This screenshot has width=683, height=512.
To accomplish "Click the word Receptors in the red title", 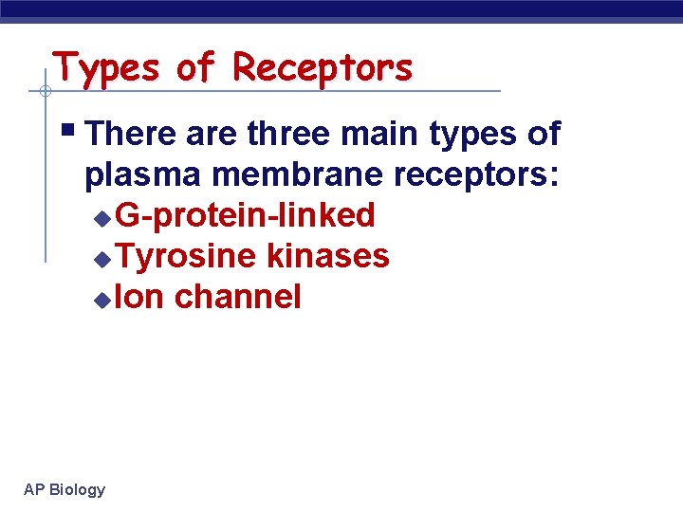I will (323, 68).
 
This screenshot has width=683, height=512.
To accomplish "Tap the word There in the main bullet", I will (131, 135).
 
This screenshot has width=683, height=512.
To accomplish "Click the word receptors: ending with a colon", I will (486, 175).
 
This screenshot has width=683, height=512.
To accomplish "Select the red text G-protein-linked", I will (246, 216).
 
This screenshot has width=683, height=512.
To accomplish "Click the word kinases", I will (328, 256).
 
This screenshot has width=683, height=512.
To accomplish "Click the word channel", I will (238, 297).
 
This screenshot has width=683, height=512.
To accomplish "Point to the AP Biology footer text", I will (65, 489).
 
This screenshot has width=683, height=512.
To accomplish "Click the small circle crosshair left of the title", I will (45, 92).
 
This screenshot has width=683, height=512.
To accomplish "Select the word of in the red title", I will (196, 68).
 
